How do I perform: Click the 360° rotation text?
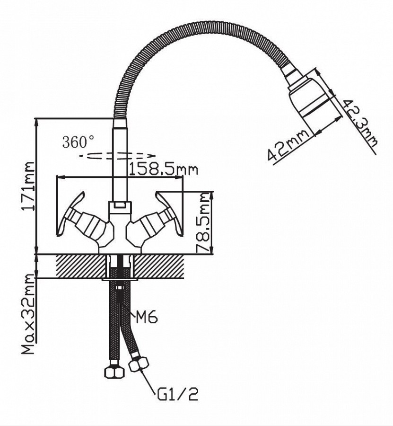click(79, 142)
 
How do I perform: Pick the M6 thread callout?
click(146, 317)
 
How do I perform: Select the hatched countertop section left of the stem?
click(80, 266)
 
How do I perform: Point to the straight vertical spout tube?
click(120, 161)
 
